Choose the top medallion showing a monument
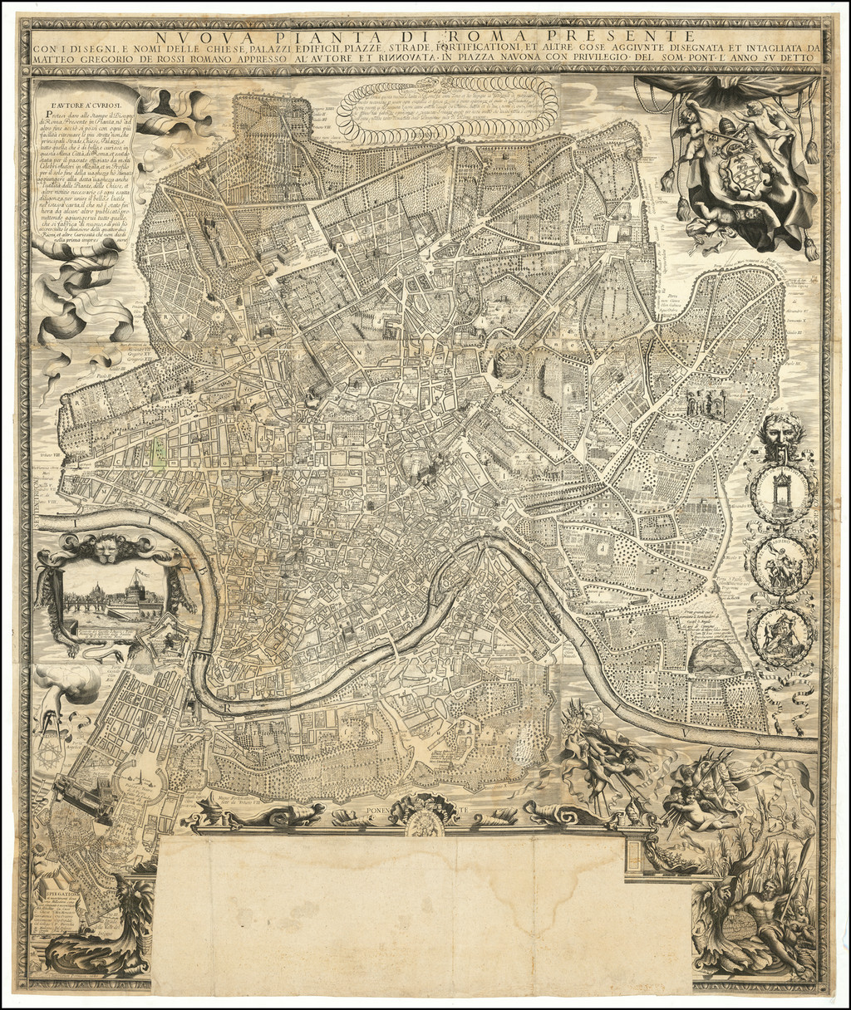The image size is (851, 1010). pos(780,493)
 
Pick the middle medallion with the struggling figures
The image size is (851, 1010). pos(780,565)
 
